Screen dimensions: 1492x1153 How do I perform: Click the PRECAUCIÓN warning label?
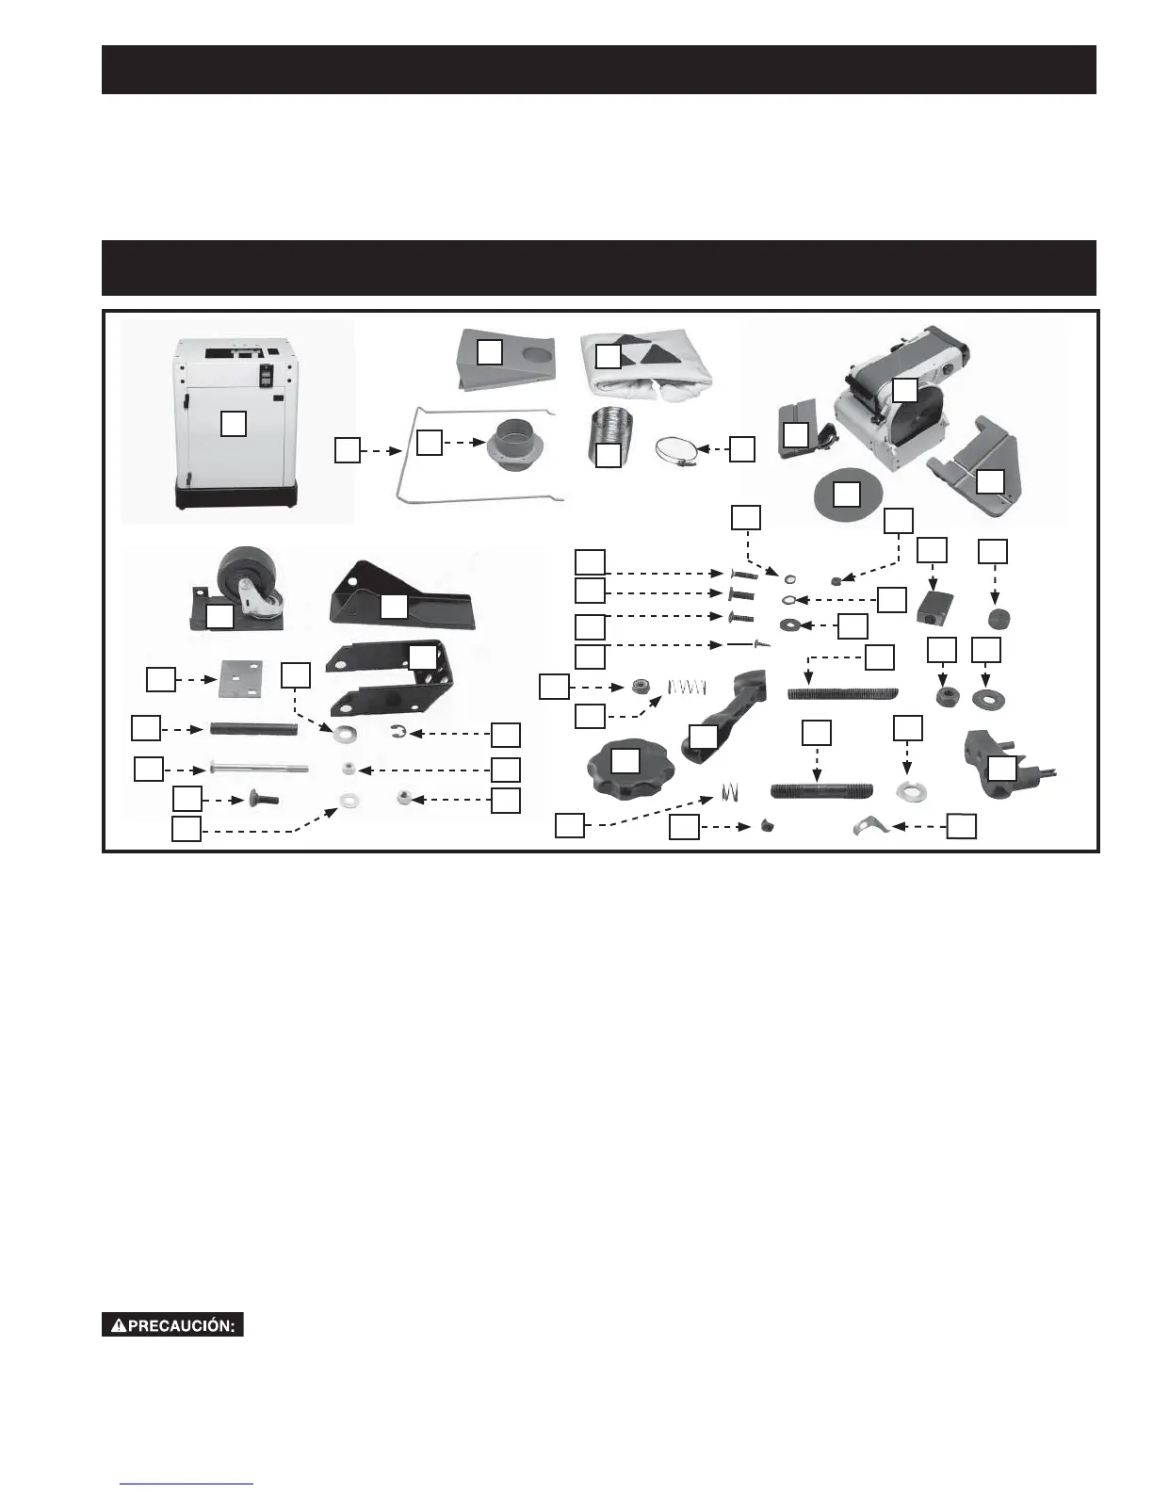tap(172, 1325)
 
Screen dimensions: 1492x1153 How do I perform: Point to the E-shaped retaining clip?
tap(399, 733)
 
